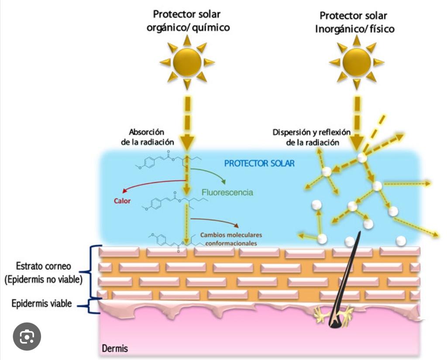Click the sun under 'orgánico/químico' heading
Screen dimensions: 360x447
pyautogui.click(x=187, y=62)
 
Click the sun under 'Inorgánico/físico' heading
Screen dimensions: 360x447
pyautogui.click(x=357, y=62)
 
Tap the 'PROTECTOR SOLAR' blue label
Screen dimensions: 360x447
pyautogui.click(x=259, y=163)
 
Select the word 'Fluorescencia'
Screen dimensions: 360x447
pyautogui.click(x=227, y=192)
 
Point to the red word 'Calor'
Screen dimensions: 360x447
pyautogui.click(x=122, y=201)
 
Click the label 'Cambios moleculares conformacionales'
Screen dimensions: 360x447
pyautogui.click(x=229, y=239)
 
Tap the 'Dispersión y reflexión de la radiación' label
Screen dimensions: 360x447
pyautogui.click(x=312, y=137)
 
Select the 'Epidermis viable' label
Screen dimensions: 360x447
pyautogui.click(x=42, y=303)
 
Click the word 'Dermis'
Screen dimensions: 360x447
pyautogui.click(x=115, y=349)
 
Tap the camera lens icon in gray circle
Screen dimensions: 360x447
pyautogui.click(x=27, y=336)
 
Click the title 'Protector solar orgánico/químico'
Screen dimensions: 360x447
pyautogui.click(x=188, y=21)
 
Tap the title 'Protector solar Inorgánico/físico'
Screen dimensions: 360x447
pyautogui.click(x=354, y=22)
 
